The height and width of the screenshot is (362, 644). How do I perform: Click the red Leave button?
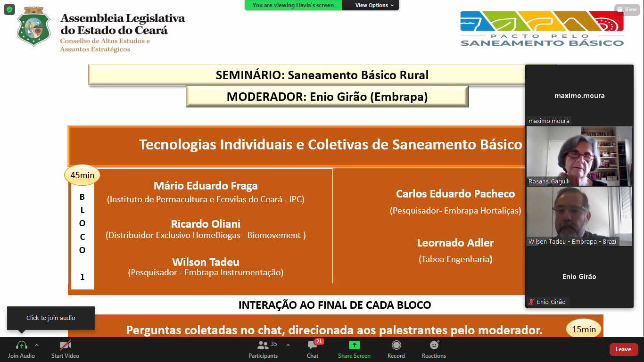(623, 349)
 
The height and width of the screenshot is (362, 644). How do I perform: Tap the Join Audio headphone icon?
(22, 345)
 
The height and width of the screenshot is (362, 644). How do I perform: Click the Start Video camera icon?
(65, 345)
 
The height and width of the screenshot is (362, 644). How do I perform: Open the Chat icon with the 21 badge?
(313, 345)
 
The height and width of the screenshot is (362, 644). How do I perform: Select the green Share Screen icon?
(354, 345)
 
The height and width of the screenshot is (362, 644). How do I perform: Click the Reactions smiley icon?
(434, 345)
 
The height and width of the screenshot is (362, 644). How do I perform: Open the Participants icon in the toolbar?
(263, 345)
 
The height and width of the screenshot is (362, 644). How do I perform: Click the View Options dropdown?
(374, 5)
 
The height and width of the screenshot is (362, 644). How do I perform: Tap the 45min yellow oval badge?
(82, 175)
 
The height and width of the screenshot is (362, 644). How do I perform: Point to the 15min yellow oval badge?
(584, 329)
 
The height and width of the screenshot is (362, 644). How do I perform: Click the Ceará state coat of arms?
(33, 26)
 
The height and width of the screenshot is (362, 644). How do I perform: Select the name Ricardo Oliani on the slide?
(206, 224)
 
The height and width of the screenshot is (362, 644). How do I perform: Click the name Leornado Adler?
(455, 243)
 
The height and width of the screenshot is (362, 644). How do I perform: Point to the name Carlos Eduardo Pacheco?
(455, 194)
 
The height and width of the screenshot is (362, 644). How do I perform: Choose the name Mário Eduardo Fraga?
(206, 186)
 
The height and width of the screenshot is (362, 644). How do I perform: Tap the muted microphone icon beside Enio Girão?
(531, 302)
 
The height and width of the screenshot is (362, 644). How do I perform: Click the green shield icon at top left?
(9, 9)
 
